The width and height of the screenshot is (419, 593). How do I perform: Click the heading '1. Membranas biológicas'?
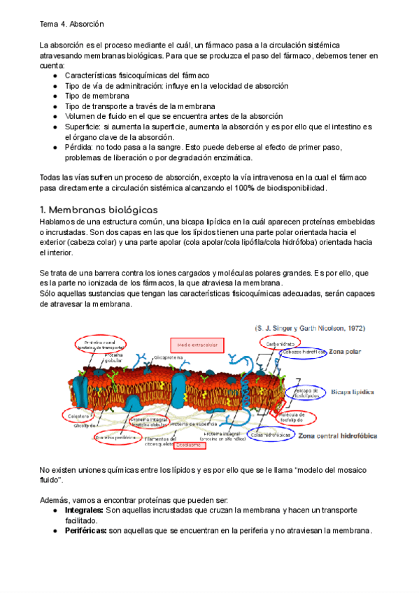click(99, 210)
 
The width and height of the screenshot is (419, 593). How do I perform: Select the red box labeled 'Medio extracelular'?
click(192, 345)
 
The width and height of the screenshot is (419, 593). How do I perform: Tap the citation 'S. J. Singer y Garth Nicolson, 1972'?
click(310, 327)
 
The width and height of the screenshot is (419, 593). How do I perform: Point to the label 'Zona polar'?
click(346, 352)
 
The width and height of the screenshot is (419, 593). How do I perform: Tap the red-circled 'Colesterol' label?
click(86, 417)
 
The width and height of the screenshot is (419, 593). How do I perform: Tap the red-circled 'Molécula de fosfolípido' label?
click(297, 417)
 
